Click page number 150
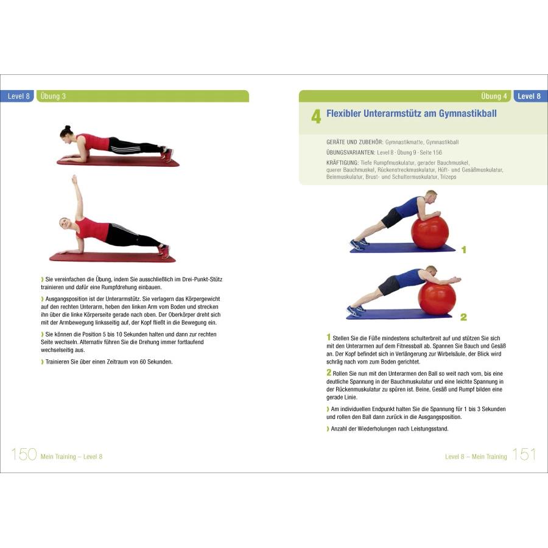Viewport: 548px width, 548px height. pos(24,455)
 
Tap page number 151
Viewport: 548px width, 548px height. pos(524,455)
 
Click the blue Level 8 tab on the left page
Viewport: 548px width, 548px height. pos(19,96)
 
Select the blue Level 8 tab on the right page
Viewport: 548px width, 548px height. pos(529,96)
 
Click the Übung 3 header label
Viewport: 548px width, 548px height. pos(52,96)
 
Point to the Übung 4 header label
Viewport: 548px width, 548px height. pos(494,96)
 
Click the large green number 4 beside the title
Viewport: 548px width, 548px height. pos(316,117)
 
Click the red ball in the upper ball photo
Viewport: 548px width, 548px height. pos(429,231)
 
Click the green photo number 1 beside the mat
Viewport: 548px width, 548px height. pos(463,250)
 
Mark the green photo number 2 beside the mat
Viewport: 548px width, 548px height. pos(463,317)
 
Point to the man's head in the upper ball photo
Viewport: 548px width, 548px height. pos(430,197)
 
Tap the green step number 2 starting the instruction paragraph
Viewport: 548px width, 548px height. pos(329,372)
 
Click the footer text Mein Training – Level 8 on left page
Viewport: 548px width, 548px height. pos(71,457)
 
